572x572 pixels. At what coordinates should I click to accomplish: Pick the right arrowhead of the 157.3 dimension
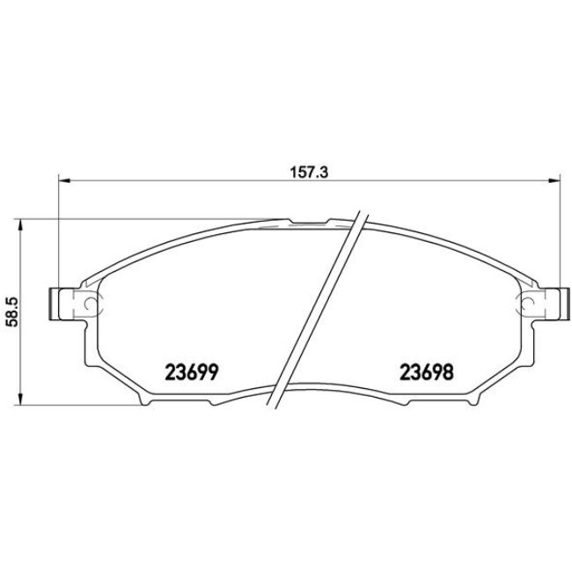(554, 182)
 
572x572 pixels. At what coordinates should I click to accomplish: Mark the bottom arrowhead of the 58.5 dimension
(20, 401)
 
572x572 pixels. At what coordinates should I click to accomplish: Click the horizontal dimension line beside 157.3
(176, 182)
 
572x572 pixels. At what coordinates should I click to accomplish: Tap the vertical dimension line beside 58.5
(20, 264)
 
